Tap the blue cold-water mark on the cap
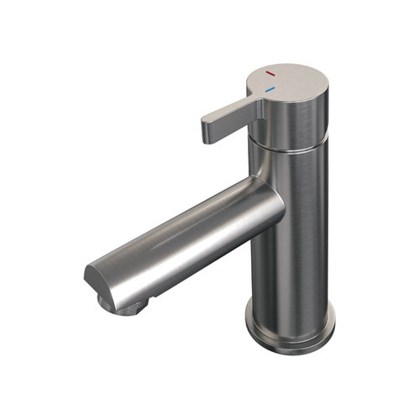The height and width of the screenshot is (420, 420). click(x=269, y=88)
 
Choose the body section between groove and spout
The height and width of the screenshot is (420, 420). click(x=290, y=168)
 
